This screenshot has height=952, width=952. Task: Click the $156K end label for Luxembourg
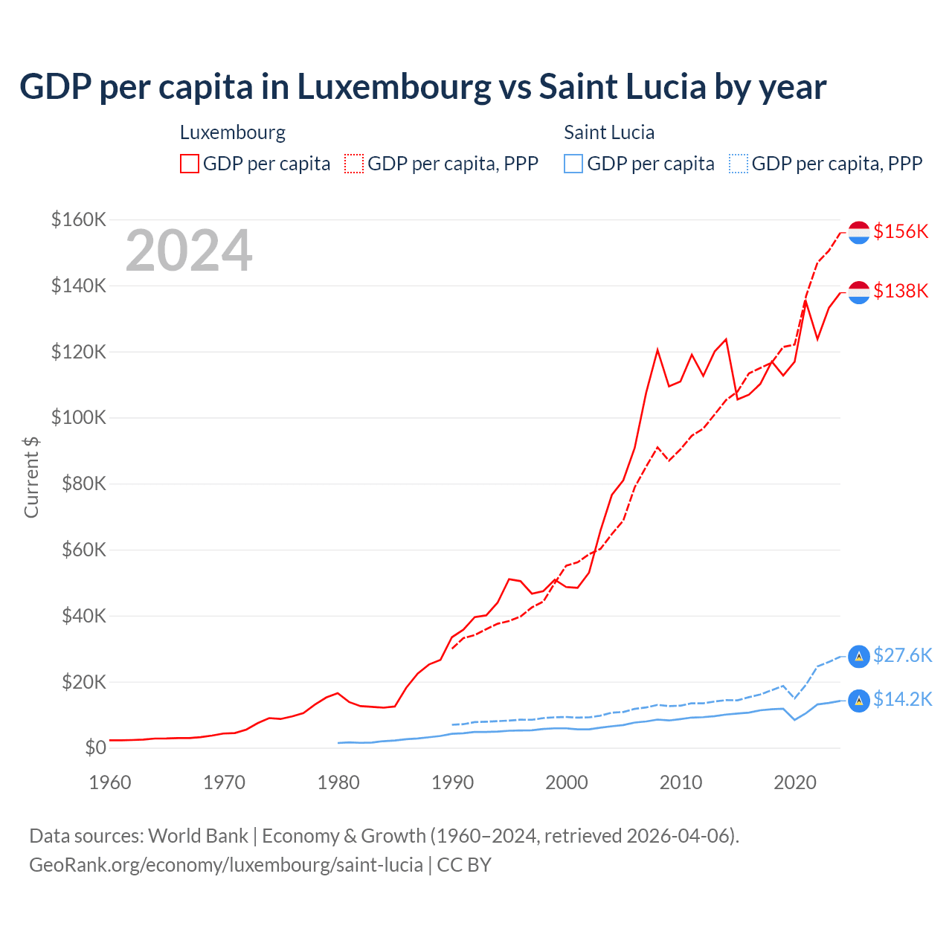tap(901, 231)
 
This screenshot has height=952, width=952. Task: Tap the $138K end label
tap(901, 291)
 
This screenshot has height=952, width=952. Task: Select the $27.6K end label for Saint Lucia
tap(902, 655)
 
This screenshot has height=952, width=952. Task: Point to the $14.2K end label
tap(902, 700)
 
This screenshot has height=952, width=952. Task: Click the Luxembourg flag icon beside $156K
tap(859, 232)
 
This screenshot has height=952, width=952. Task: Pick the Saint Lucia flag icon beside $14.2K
tap(859, 701)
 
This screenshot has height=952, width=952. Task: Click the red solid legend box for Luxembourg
tap(190, 164)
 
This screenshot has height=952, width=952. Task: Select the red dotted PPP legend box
tap(354, 164)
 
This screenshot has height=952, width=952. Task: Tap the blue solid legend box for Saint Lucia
tap(573, 164)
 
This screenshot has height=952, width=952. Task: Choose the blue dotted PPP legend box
tap(739, 164)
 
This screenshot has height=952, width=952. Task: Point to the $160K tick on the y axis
tap(79, 220)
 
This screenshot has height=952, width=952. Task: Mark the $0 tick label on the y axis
tap(95, 748)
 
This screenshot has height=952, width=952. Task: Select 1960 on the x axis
tap(110, 782)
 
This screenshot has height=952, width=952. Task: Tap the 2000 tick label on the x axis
tap(567, 782)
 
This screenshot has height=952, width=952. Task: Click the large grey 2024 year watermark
tap(189, 251)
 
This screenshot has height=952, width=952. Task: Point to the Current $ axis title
tap(31, 477)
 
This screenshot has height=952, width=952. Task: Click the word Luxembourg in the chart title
tap(394, 87)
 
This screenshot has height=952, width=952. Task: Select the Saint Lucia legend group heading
tap(609, 132)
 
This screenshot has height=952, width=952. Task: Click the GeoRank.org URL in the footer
tap(226, 865)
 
